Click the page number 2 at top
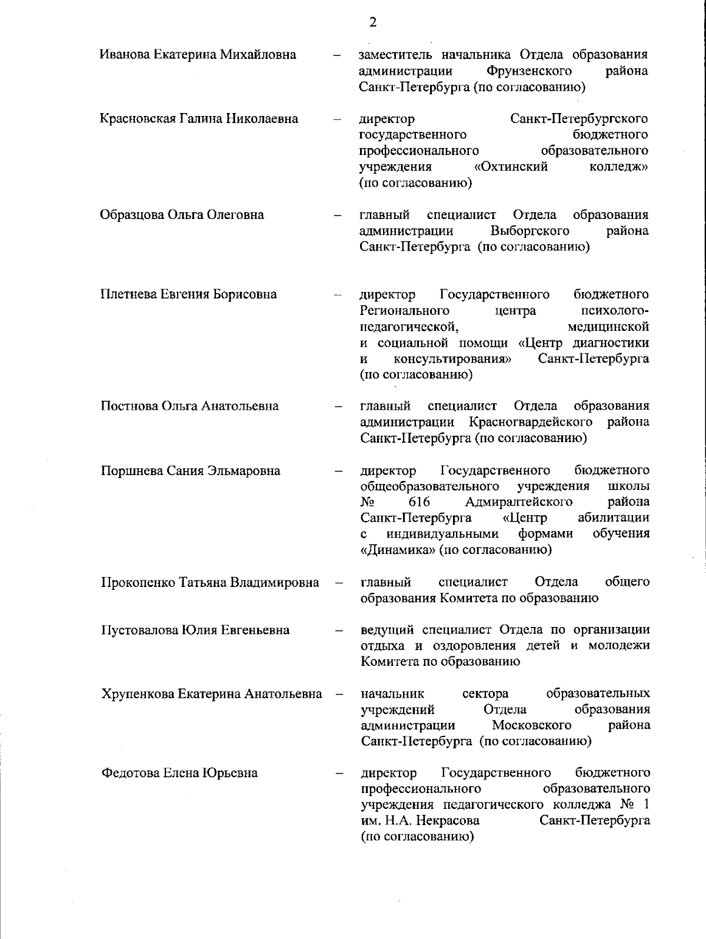372,22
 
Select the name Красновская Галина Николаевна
199,118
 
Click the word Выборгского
529,230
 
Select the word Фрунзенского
529,71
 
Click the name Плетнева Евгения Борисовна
188,294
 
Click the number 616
419,502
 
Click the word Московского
532,725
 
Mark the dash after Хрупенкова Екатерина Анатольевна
339,694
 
